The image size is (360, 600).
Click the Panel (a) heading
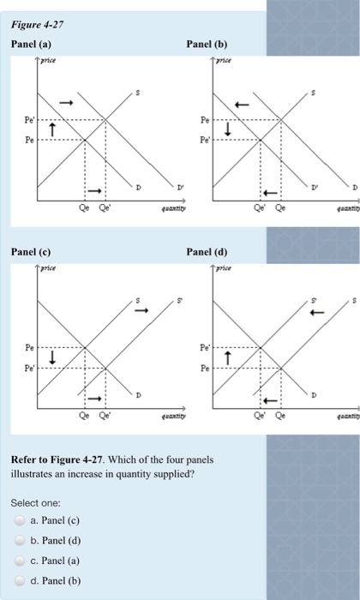coord(32,42)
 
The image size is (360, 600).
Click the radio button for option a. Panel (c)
coord(19,520)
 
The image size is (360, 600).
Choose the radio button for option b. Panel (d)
coord(19,542)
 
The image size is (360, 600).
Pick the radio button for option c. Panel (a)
coord(19,563)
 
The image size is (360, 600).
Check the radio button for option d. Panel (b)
coord(19,585)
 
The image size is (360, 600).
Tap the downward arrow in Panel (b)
coord(228,129)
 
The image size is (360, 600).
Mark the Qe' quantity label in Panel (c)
coord(105,413)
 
